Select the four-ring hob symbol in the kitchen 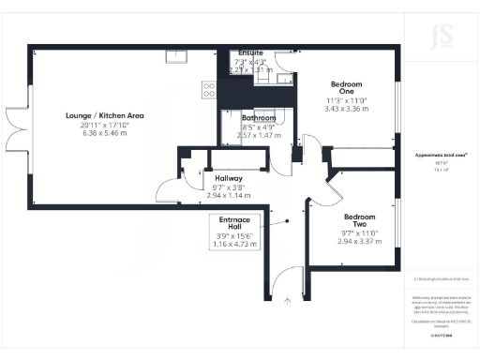point(209,90)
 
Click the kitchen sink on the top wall point(176,55)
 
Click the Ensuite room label point(250,52)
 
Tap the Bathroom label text point(259,119)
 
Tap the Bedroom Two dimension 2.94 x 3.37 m point(360,241)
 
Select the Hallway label point(229,178)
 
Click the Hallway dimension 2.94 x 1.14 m point(229,195)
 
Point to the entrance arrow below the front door point(287,301)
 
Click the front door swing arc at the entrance point(291,277)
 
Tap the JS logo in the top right point(441,39)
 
